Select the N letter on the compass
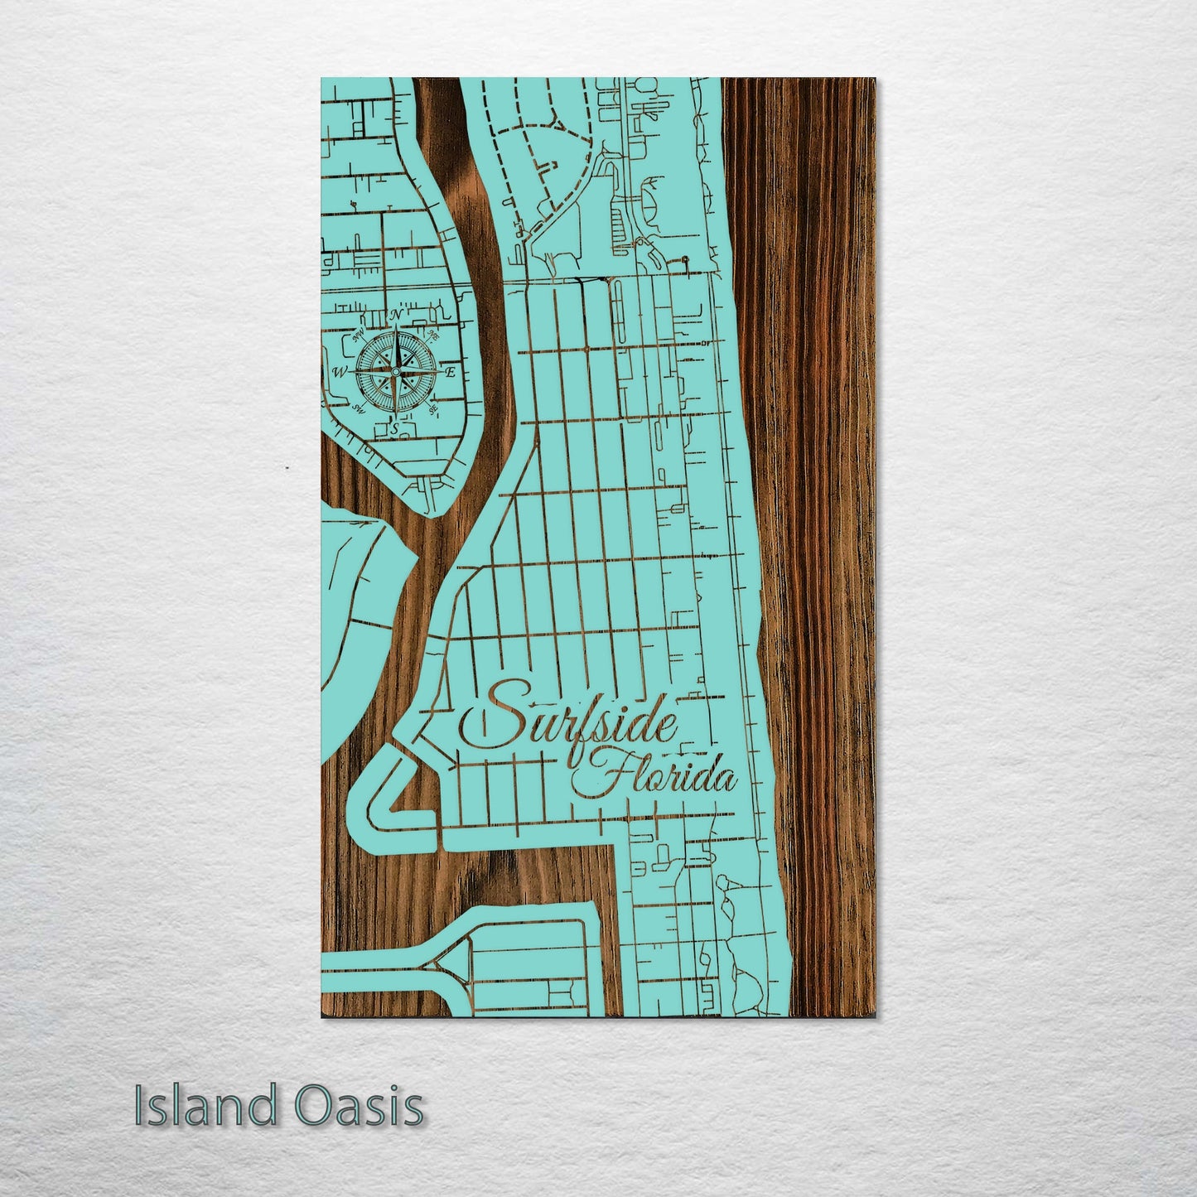coord(396,316)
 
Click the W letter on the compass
coord(339,373)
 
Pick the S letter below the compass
coord(395,427)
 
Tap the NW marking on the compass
coord(359,336)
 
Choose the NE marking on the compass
coord(433,335)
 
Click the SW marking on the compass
coord(359,409)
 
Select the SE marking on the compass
coord(432,409)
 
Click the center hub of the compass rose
coord(395,373)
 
